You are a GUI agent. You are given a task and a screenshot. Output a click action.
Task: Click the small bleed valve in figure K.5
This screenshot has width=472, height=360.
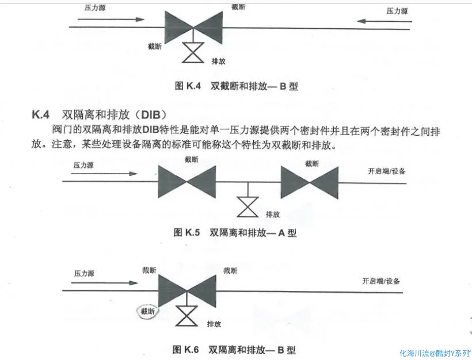pyautogui.click(x=248, y=208)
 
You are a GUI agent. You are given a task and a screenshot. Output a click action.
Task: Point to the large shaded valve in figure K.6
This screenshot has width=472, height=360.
pyautogui.click(x=185, y=290)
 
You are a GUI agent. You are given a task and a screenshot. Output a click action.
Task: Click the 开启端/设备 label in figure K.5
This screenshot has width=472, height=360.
pyautogui.click(x=386, y=171)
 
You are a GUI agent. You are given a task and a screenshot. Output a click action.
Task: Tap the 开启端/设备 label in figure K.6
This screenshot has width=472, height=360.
pyautogui.click(x=381, y=281)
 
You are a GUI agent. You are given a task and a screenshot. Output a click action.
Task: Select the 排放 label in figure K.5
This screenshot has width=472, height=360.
pyautogui.click(x=272, y=214)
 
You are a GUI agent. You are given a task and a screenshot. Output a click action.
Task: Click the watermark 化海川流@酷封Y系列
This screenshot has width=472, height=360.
pyautogui.click(x=435, y=353)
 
